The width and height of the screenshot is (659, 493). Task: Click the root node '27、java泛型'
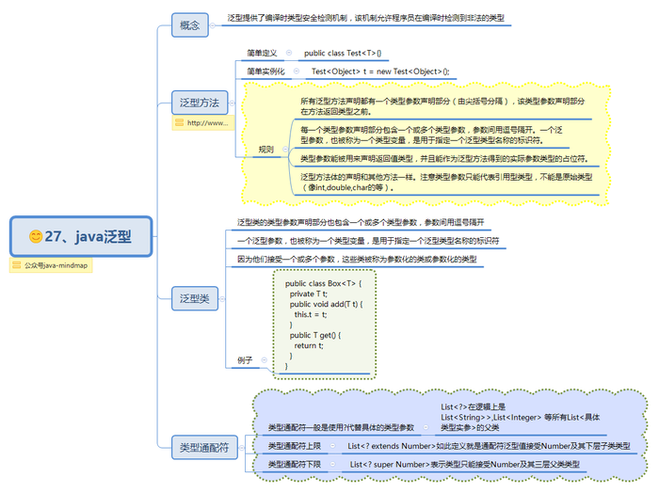80,236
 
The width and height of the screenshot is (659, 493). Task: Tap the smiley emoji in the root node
36,236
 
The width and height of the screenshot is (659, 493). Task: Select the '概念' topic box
189,25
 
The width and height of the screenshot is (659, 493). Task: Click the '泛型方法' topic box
200,103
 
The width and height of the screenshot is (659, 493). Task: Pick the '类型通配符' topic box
203,448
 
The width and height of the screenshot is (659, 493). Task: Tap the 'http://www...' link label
201,123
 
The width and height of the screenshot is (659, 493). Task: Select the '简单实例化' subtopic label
265,72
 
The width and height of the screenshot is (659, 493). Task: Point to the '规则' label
266,149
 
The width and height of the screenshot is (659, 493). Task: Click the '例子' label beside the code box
245,359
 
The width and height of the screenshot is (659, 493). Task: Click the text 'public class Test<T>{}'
343,53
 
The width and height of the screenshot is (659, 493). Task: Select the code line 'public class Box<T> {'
323,282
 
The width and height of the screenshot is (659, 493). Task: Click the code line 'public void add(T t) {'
326,304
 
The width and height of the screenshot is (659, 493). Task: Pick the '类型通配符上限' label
295,445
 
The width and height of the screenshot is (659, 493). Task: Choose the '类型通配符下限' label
295,465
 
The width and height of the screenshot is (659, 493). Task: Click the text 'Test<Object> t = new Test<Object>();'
380,72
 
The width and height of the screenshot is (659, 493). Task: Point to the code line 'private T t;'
310,294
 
